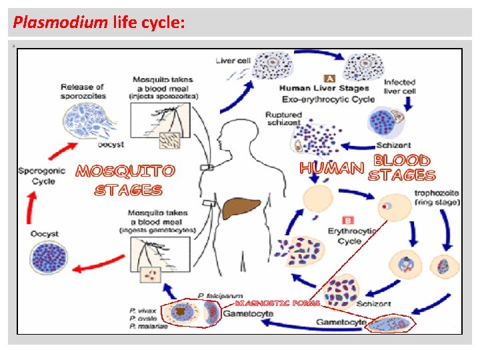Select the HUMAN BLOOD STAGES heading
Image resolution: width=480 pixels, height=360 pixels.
368,169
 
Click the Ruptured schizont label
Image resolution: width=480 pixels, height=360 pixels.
283,119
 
